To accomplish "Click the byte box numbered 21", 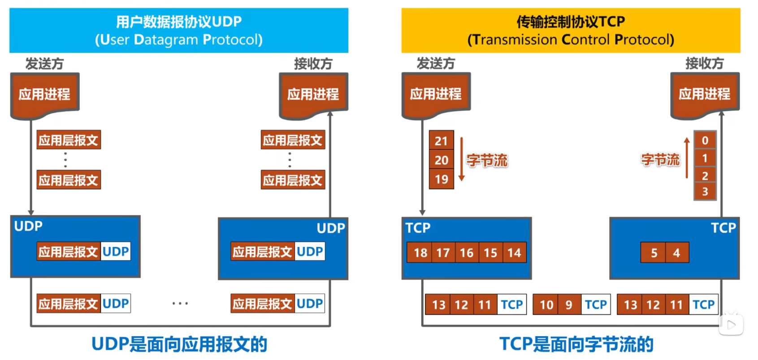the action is tap(441, 140).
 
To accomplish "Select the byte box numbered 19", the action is tap(441, 179).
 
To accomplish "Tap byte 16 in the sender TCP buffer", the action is tap(467, 252).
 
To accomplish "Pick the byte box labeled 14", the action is tap(514, 252).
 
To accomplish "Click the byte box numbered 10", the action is tap(546, 304).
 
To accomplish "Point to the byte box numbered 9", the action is tap(570, 304).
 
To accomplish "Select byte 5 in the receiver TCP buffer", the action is tap(653, 252).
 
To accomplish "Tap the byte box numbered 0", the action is tap(705, 140).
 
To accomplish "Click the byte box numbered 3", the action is tap(705, 192).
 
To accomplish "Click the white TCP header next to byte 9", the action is tap(596, 304).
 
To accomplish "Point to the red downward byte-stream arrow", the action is tap(462, 159).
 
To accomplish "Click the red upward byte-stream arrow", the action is tap(687, 158).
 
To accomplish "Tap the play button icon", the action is tap(731, 325).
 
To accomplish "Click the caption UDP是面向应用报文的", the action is tap(179, 344).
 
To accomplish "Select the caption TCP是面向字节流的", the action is tap(576, 344).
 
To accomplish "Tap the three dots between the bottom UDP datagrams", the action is tap(180, 304).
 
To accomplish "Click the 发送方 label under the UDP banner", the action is tap(45, 63).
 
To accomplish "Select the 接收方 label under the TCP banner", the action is tap(705, 63).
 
